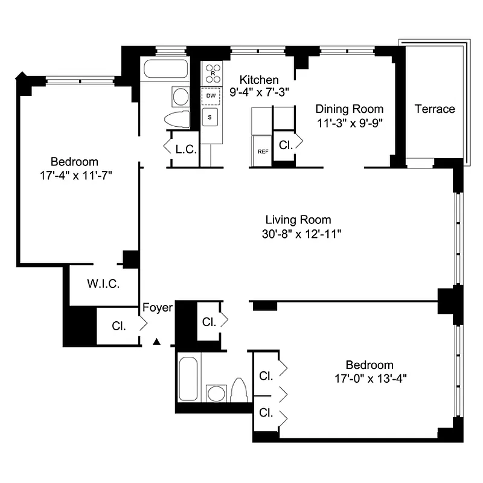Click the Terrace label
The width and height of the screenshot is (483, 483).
coord(435,109)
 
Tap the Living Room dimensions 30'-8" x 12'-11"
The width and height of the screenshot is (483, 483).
coord(298,234)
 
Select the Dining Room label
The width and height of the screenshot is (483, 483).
coord(350,109)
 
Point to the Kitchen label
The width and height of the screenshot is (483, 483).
coord(259,80)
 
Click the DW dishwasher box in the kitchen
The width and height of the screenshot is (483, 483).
coord(211,96)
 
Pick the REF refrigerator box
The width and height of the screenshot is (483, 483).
coord(263,152)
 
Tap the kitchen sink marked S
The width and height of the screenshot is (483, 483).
coord(210,118)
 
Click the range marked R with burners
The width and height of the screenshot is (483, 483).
coord(213,74)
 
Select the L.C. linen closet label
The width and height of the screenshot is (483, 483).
coord(186,149)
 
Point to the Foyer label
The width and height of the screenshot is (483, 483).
coord(158,308)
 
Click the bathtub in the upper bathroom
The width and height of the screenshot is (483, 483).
coord(165,69)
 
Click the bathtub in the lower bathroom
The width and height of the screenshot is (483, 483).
coord(188,379)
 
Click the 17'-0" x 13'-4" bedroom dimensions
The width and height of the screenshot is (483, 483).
coord(369,379)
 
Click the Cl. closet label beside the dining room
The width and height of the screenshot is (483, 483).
coord(285,145)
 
